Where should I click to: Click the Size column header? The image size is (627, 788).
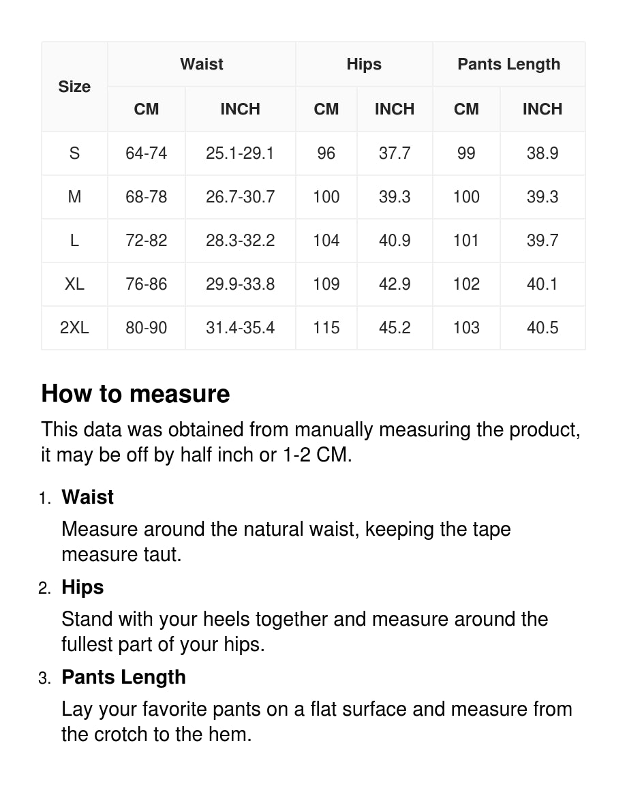point(74,87)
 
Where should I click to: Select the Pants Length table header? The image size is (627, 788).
point(508,64)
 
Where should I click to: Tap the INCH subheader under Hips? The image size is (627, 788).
point(395,109)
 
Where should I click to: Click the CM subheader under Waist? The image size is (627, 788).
point(146,109)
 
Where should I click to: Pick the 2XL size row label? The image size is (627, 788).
point(74,328)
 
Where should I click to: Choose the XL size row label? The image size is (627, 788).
point(74,284)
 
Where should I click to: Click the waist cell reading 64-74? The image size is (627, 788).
point(146,153)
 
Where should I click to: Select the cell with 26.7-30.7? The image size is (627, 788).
point(240,197)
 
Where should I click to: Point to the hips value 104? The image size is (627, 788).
point(326,241)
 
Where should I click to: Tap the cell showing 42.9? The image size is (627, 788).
point(395,284)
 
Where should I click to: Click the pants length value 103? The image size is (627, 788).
point(466,328)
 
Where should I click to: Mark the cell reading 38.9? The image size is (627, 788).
point(542,153)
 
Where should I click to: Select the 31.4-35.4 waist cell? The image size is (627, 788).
point(240,328)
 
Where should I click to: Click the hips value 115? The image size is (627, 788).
point(326,328)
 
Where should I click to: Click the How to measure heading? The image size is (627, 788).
point(136,394)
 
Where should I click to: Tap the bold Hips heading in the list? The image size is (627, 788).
point(82,587)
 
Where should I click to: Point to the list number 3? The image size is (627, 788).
point(44,678)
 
